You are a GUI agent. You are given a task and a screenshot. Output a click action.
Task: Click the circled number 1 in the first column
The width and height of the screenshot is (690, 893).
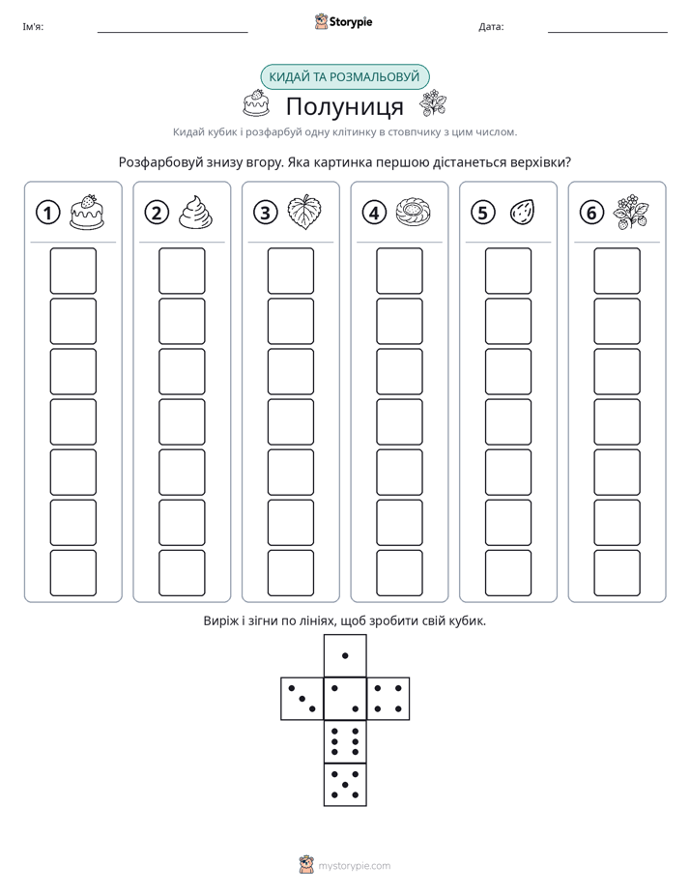coord(47,213)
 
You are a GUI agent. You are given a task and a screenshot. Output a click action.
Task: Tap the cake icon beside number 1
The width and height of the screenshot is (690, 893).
coord(87,212)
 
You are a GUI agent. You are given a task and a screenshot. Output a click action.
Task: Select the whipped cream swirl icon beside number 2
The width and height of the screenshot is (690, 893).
coord(196,212)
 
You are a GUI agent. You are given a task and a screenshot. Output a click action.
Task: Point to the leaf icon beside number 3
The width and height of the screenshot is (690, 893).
coord(304,212)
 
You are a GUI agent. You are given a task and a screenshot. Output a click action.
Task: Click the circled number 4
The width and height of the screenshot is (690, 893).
coord(374,213)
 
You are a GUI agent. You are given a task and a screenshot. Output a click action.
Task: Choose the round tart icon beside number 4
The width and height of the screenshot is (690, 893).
coord(414,212)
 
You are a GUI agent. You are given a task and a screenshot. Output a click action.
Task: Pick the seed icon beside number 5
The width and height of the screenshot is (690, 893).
coord(522,212)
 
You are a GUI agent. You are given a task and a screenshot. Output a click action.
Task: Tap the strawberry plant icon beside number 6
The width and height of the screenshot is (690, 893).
coord(631,212)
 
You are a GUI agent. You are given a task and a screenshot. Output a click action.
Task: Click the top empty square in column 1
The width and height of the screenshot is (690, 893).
coord(73,271)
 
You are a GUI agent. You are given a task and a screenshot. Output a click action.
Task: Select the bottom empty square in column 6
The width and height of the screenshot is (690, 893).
coord(618,573)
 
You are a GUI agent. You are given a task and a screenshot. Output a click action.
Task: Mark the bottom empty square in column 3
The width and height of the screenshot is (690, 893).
coord(291,573)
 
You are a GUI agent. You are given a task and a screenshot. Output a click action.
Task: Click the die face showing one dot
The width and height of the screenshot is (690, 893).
coord(345,655)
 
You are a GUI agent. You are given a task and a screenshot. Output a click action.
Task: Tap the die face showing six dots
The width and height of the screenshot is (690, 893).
coord(345,741)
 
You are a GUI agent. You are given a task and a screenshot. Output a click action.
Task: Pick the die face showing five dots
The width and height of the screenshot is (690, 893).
coord(345,784)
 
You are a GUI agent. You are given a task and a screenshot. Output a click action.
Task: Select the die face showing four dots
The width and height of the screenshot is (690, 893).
coord(388,698)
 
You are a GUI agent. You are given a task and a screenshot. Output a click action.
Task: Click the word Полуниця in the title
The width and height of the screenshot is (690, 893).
coord(345,106)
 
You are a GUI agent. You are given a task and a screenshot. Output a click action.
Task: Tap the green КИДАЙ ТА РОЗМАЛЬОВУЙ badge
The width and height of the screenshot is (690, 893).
coord(345,77)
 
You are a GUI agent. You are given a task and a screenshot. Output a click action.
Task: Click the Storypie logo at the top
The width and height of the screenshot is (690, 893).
coord(343,21)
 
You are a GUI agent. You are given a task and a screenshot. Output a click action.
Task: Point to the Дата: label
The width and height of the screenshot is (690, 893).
coord(491,27)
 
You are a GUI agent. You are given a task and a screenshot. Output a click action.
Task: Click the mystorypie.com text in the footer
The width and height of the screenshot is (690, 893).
coord(354,866)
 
